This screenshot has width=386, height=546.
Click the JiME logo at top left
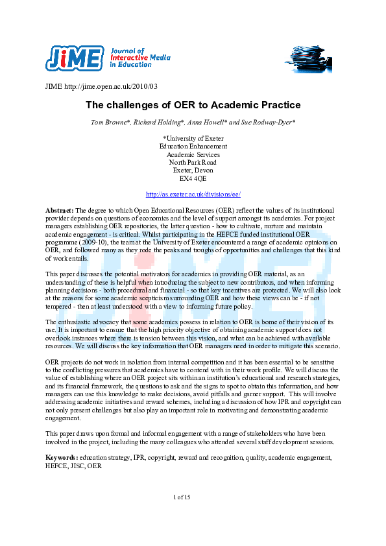[x=74, y=58]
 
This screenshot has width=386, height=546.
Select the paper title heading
[x=193, y=104]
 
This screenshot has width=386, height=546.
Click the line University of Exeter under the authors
[x=193, y=137]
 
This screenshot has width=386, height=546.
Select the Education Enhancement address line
[x=193, y=146]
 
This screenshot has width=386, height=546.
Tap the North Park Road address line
[x=193, y=162]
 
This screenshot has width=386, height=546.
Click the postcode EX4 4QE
[x=193, y=178]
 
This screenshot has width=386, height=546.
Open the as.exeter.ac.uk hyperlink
[x=193, y=194]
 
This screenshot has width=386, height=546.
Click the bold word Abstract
[x=59, y=211]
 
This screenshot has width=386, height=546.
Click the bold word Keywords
[x=62, y=457]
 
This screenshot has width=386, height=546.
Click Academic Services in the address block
[x=193, y=154]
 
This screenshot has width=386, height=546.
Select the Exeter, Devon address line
[x=193, y=171]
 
